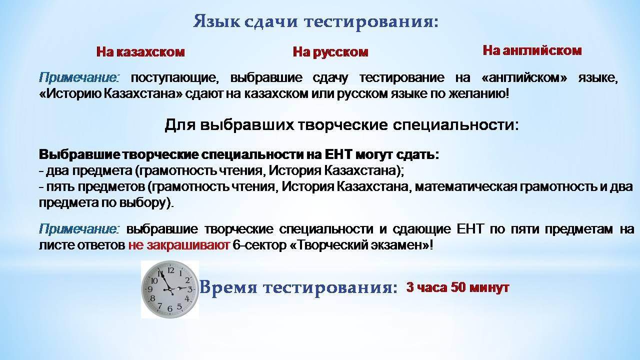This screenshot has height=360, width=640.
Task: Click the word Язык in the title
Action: point(216,21)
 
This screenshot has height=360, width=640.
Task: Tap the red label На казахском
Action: point(140,52)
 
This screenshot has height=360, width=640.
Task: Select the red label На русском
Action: point(330,52)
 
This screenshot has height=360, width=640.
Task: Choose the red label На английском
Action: point(532,50)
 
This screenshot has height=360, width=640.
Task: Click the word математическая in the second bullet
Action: point(465,187)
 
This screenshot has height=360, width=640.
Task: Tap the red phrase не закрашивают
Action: point(179,245)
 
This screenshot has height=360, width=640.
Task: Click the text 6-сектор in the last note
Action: point(259,245)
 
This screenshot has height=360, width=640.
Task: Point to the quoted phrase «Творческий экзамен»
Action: point(359,245)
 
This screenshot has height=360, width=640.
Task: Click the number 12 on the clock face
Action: point(170,270)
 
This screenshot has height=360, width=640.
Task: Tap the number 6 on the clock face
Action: point(170,308)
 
